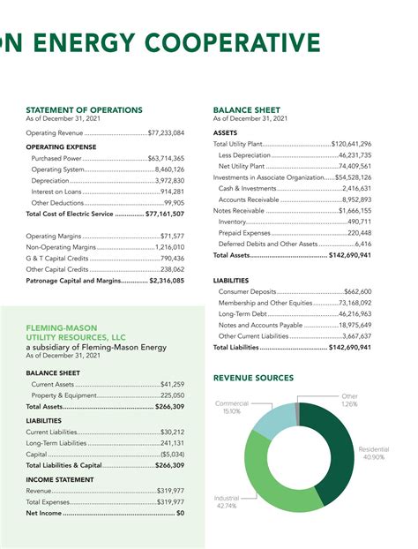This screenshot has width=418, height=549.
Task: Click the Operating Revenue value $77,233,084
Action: point(166,132)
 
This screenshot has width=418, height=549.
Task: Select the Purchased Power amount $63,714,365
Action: point(166,158)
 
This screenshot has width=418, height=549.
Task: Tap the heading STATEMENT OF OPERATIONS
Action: point(84,109)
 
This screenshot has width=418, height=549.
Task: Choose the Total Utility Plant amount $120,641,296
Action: point(351,144)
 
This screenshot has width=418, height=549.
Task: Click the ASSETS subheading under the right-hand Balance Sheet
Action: point(226,132)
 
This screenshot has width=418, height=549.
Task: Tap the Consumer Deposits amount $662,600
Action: point(357,291)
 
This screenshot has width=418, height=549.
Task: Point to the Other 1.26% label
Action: point(349,401)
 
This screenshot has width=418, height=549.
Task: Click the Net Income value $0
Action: point(180,513)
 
